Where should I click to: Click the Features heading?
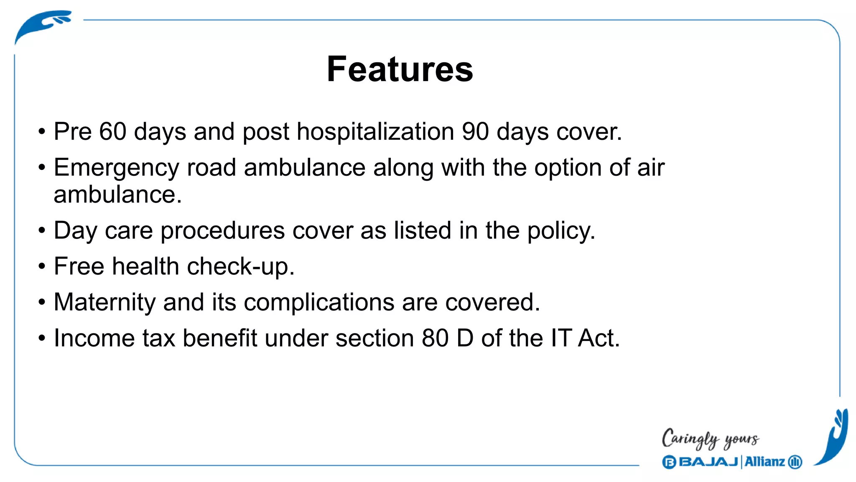pyautogui.click(x=400, y=69)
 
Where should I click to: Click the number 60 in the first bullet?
pyautogui.click(x=113, y=131)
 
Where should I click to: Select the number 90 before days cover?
pyautogui.click(x=475, y=131)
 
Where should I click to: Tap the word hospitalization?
pyautogui.click(x=375, y=131)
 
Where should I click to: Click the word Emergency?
pyautogui.click(x=116, y=168)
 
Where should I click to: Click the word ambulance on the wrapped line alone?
pyautogui.click(x=117, y=195)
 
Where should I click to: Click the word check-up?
pyautogui.click(x=240, y=267)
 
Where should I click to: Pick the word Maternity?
pyautogui.click(x=104, y=303)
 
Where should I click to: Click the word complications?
pyautogui.click(x=319, y=303)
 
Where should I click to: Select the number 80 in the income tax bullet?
pyautogui.click(x=435, y=338)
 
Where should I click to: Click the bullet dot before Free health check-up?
pyautogui.click(x=41, y=267)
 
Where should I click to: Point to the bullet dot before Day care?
pyautogui.click(x=41, y=231)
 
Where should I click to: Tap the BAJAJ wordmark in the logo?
pyautogui.click(x=708, y=462)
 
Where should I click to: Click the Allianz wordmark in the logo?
pyautogui.click(x=764, y=462)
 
